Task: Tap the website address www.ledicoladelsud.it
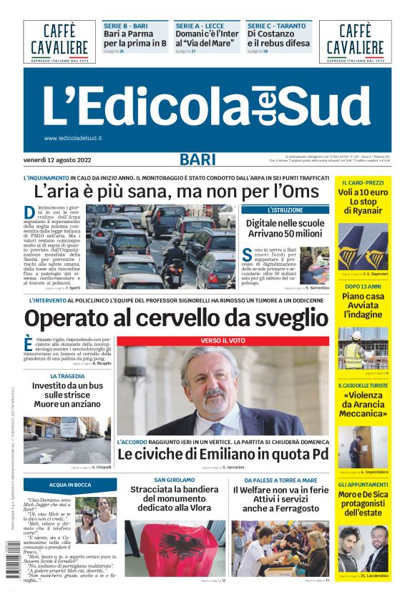pos(73,138)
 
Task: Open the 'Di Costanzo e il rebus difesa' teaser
pos(278,38)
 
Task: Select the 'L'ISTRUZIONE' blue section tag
pos(285,210)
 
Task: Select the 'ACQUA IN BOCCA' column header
pos(70,485)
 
